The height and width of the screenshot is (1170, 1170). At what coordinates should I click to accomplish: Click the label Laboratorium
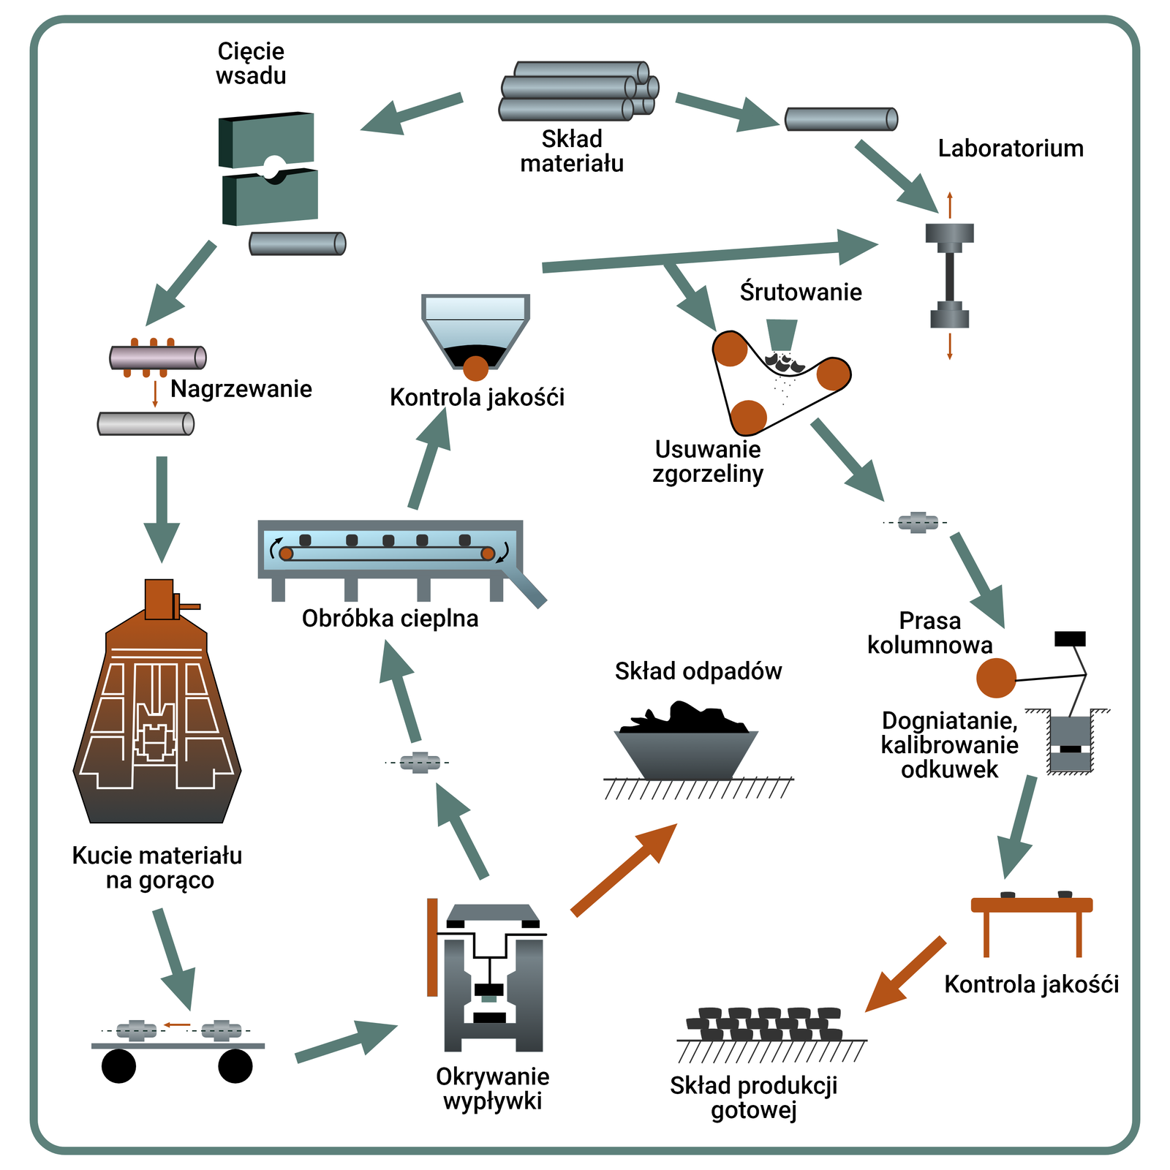[x=1010, y=148]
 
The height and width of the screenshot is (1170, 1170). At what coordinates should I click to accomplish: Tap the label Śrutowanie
[x=801, y=292]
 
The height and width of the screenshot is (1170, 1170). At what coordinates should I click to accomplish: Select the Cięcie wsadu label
[x=251, y=64]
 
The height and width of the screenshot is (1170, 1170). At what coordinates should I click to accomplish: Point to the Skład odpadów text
[x=698, y=671]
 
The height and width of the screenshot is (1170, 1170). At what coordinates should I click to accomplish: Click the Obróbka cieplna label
[x=390, y=619]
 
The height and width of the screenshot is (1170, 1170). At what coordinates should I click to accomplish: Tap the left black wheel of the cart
[x=118, y=1066]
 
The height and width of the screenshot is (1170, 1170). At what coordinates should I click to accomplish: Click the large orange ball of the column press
[x=996, y=678]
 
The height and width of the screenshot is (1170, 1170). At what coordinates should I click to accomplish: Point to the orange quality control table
[x=1031, y=907]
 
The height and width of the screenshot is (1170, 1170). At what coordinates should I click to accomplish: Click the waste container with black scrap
[x=686, y=750]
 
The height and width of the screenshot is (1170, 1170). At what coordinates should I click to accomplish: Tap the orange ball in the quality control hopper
[x=475, y=369]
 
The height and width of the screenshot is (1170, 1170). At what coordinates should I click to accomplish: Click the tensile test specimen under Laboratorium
[x=949, y=276]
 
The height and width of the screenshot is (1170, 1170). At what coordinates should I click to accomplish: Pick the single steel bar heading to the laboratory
[x=841, y=119]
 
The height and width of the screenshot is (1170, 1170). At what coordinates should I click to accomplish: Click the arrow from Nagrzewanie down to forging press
[x=162, y=508]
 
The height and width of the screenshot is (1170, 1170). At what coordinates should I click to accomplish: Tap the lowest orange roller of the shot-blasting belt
[x=748, y=418]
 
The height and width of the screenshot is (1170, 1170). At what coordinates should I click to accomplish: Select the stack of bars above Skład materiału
[x=578, y=91]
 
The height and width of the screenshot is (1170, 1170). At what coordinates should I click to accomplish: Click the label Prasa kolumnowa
[x=929, y=633]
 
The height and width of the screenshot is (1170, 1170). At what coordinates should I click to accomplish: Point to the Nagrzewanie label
[x=241, y=389]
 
